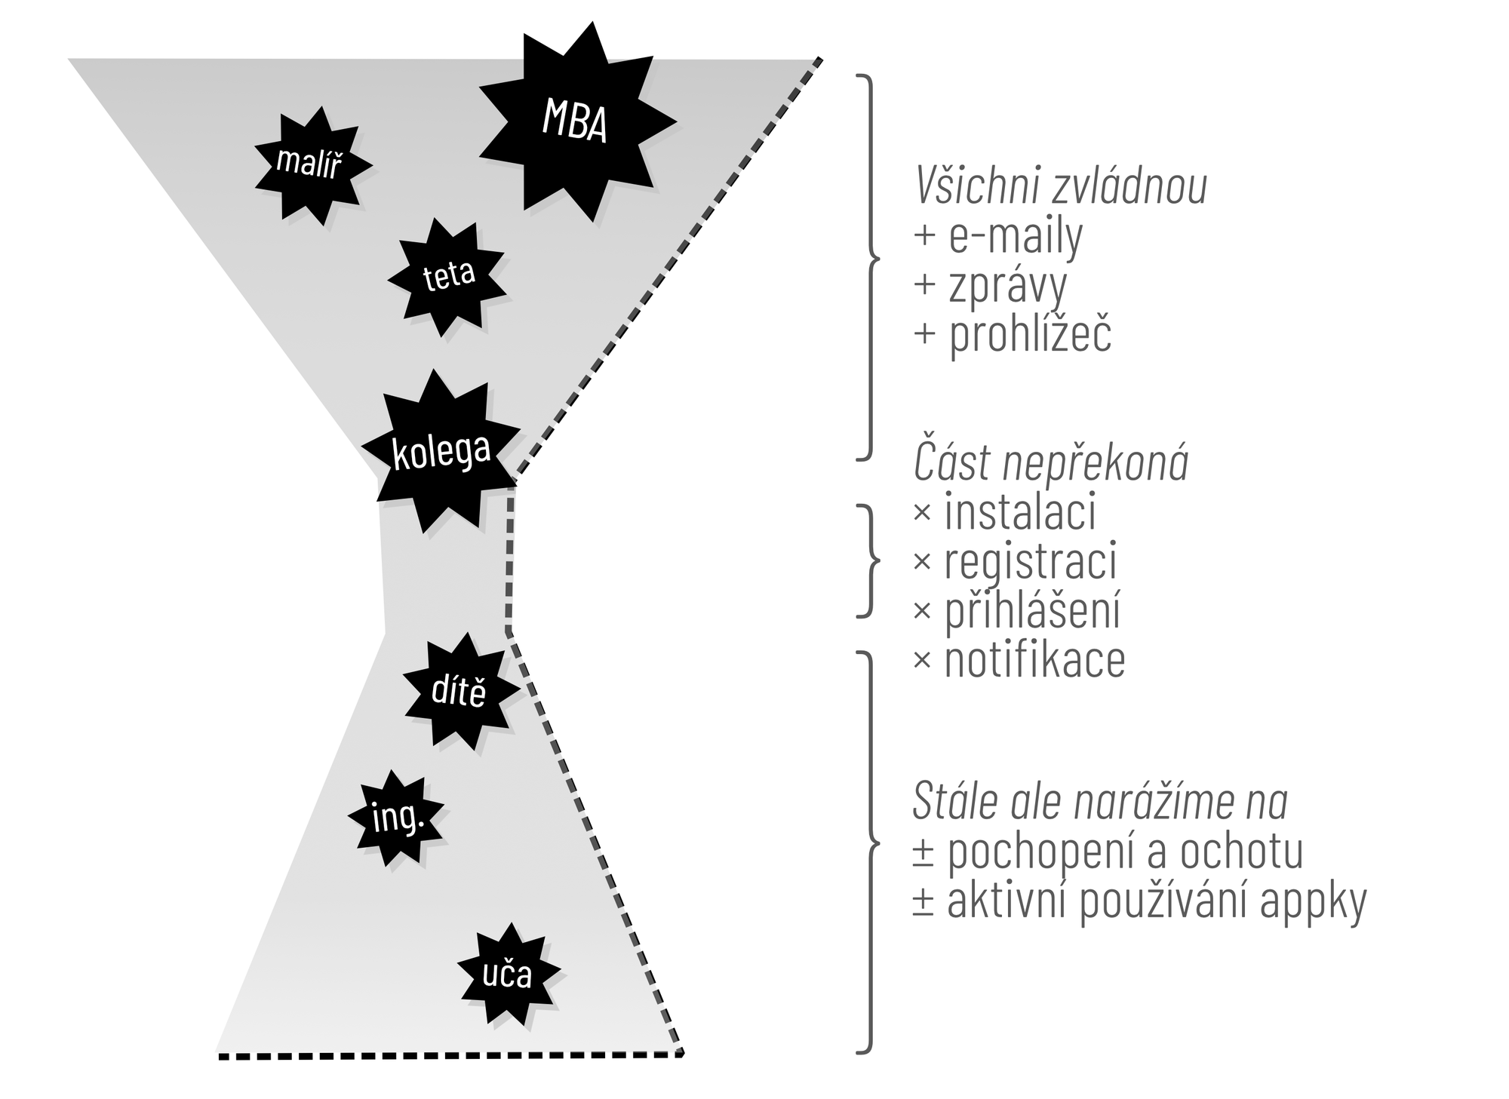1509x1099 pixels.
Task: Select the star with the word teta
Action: tap(449, 277)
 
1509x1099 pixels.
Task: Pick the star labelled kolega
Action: tap(442, 451)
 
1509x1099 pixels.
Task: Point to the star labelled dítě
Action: tap(459, 692)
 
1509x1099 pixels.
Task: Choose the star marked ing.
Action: tap(397, 818)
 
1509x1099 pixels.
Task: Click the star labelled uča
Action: tap(507, 974)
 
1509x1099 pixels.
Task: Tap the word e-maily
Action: tap(1016, 235)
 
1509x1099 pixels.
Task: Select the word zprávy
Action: tap(1008, 285)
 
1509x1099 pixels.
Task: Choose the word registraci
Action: tap(1031, 561)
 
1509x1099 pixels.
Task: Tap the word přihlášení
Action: tap(1032, 611)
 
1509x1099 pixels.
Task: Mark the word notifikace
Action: tap(1034, 660)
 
